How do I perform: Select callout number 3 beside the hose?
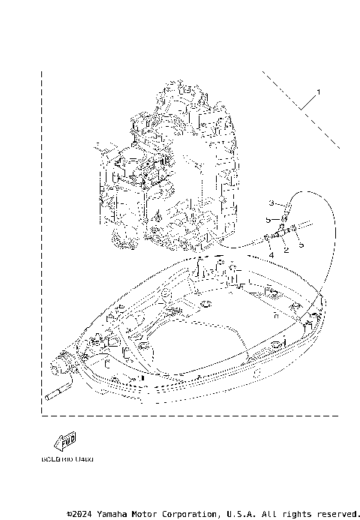272,203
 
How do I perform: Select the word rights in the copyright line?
295,514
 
